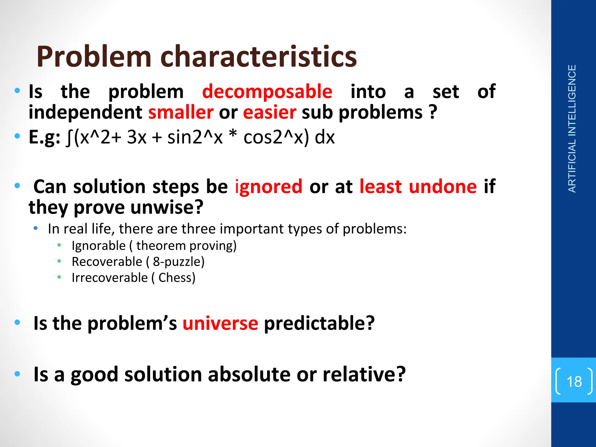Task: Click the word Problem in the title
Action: pos(94,57)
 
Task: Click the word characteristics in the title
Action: pos(258,57)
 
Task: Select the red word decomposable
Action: pos(267,92)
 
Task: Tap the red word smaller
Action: pos(181,113)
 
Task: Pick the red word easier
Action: pos(269,113)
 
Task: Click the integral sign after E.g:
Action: pos(69,138)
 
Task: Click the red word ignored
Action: pos(268,187)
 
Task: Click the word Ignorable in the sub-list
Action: pos(98,246)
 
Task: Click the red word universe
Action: pos(220,323)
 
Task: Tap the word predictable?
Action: pos(319,323)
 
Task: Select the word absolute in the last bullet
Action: pos(249,375)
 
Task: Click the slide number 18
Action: pos(574,382)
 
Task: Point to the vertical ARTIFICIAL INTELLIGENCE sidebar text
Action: pos(572,129)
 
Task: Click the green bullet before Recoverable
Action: pos(59,261)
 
